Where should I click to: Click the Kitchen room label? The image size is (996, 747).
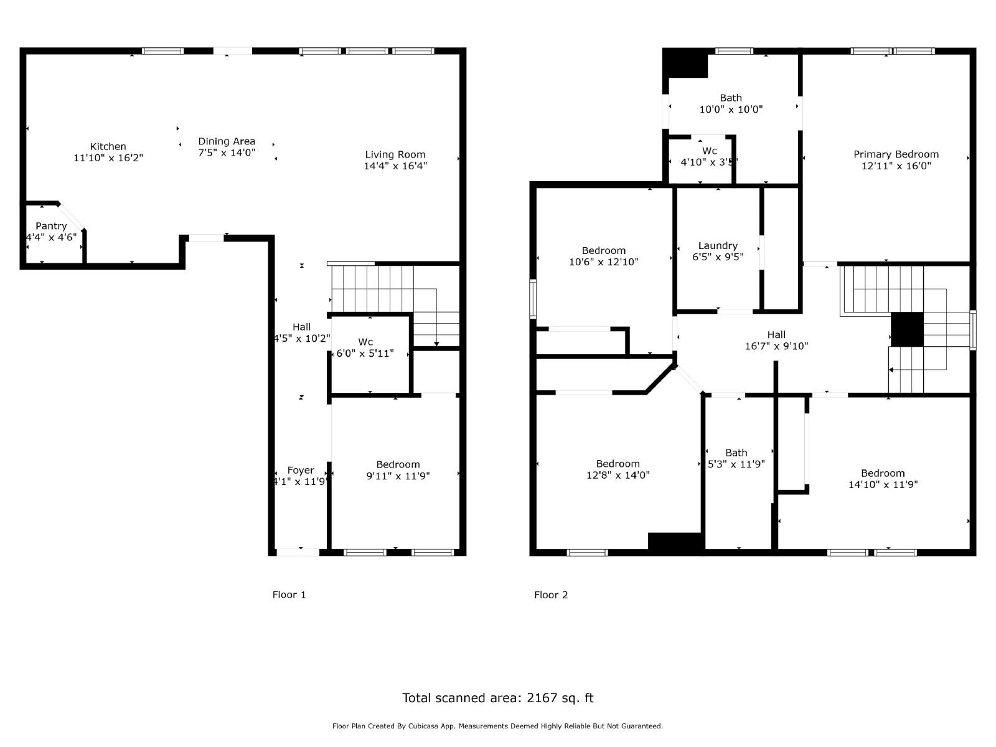coord(108,147)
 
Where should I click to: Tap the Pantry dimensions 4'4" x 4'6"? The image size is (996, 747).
coord(51,237)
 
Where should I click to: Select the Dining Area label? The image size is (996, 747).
coord(227,141)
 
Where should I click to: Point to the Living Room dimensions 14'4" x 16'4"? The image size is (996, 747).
coord(395,166)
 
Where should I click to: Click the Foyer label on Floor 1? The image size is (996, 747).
coord(301,471)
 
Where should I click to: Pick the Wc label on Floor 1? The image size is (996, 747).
coord(365,342)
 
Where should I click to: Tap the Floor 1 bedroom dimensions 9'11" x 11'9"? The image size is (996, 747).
coord(398,476)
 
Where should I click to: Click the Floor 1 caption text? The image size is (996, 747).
coord(289,594)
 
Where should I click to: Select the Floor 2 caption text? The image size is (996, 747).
coord(551,594)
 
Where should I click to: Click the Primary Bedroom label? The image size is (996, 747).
coord(896,154)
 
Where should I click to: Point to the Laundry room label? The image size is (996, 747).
coord(718,246)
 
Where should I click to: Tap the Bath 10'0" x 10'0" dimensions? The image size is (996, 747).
coord(731,109)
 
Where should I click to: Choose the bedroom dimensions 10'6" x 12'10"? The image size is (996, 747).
coord(603,262)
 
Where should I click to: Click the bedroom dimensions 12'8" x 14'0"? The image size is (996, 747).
coord(618,475)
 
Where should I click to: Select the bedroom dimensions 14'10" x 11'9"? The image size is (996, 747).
coord(883,484)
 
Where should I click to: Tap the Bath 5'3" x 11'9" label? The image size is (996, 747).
coord(736,453)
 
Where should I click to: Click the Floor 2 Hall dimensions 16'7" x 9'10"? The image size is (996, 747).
coord(776,346)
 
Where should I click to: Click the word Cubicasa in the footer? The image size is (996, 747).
coord(430,726)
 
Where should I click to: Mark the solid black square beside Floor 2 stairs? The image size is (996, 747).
coord(906,329)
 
